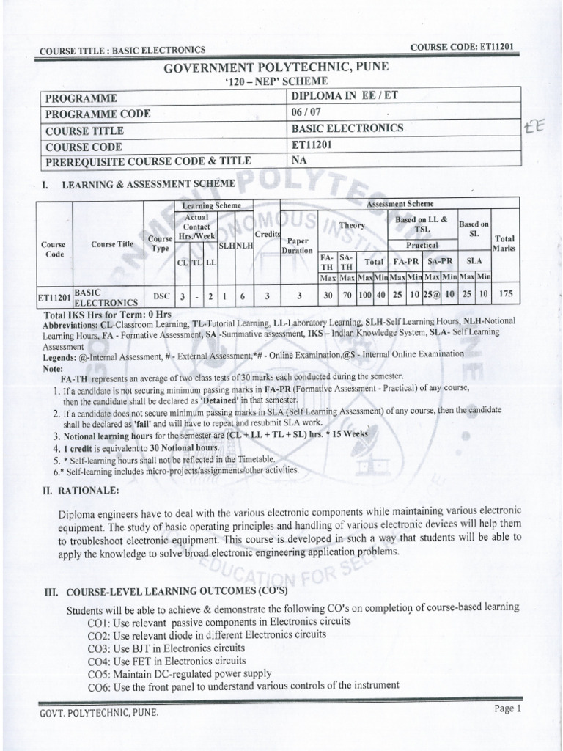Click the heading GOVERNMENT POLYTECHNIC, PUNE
(x=277, y=67)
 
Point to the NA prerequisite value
(x=299, y=160)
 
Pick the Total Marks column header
(x=504, y=243)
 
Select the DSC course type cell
(x=158, y=295)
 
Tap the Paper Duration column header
(x=298, y=244)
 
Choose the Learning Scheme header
(x=206, y=207)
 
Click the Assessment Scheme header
(x=400, y=204)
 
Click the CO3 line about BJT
(x=166, y=648)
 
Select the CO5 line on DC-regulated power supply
(x=180, y=673)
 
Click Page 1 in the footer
(x=507, y=708)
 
